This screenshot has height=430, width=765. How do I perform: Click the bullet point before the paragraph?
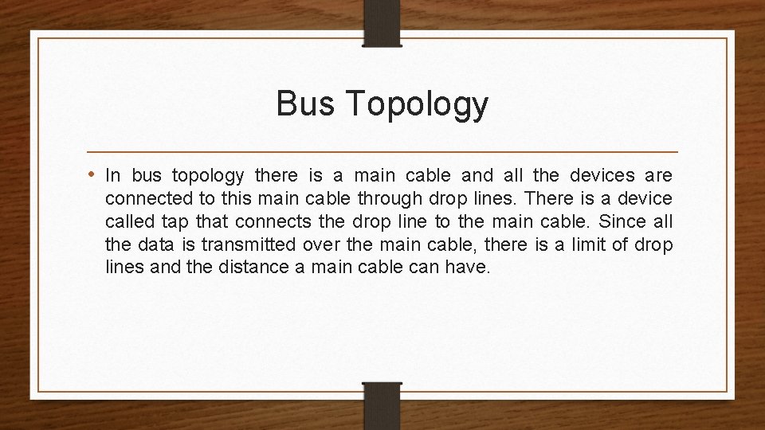(x=94, y=174)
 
